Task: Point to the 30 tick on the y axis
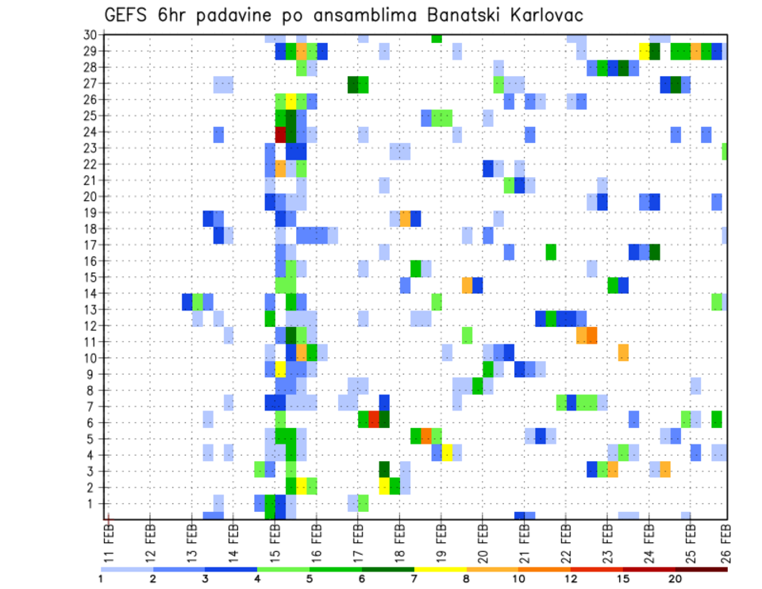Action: [89, 35]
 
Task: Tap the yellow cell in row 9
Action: [280, 370]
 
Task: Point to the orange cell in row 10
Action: [623, 352]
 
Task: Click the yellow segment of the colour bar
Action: [440, 569]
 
